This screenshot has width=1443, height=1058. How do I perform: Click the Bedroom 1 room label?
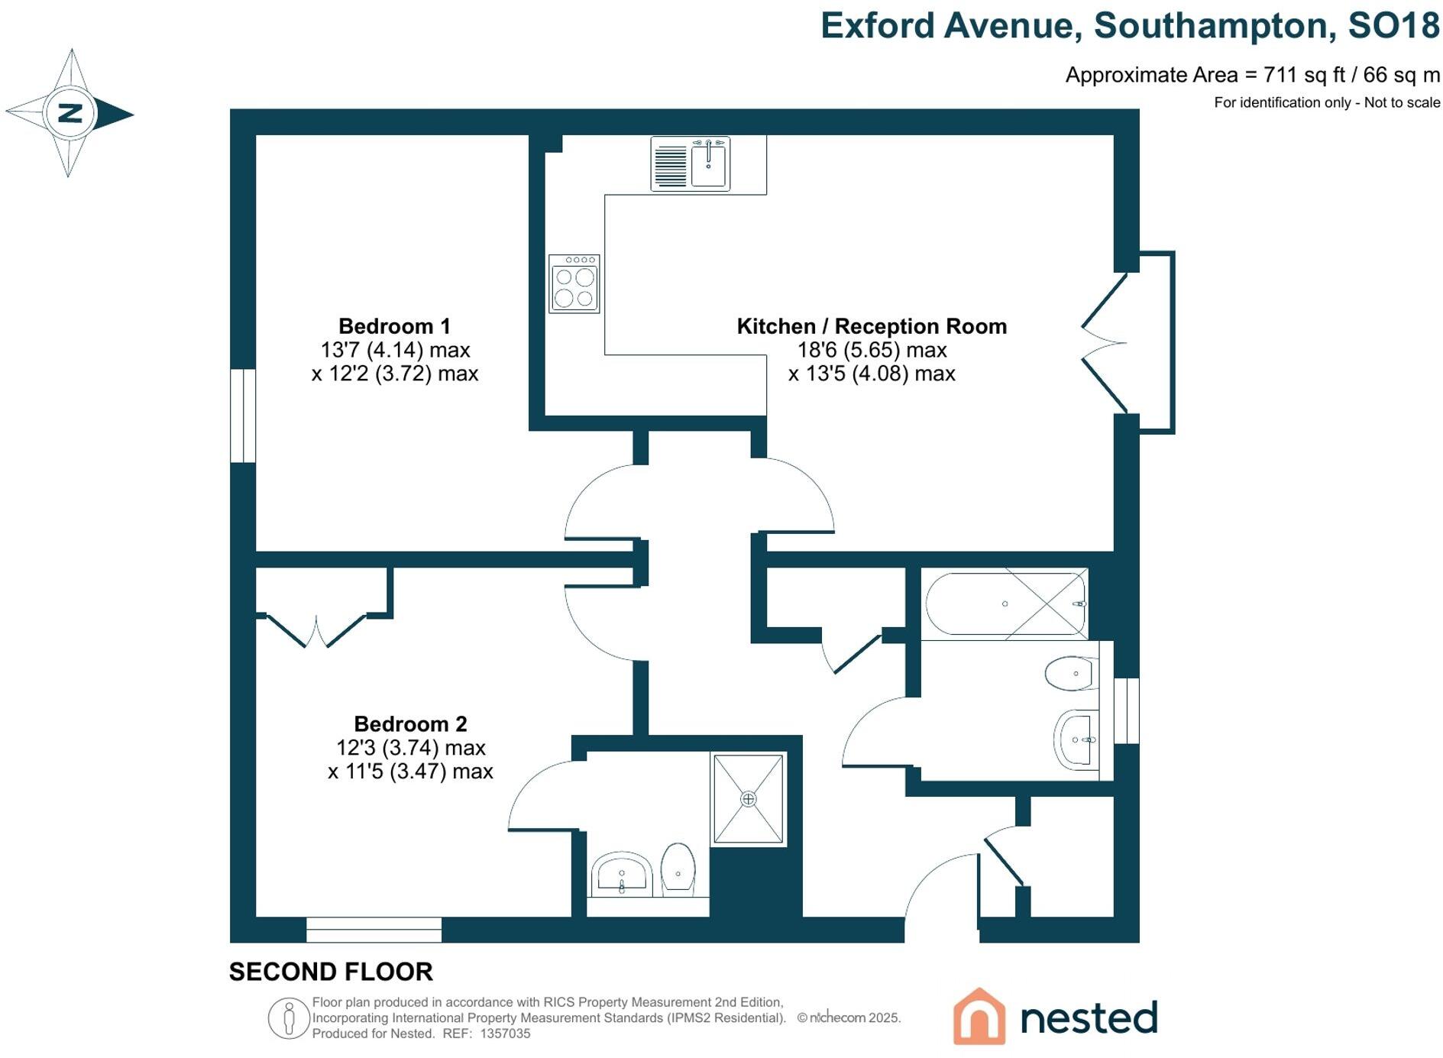point(394,326)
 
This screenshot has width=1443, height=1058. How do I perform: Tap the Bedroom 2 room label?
point(410,723)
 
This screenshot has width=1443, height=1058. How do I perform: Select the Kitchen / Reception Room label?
point(871,326)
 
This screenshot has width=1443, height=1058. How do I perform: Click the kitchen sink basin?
point(710,163)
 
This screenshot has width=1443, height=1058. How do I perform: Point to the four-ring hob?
point(574,284)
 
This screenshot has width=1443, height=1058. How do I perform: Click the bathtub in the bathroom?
point(1005,603)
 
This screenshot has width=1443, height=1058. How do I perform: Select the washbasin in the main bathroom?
point(1077,739)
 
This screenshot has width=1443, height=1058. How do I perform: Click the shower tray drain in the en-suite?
point(748,799)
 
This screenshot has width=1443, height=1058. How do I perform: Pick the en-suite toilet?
point(678,868)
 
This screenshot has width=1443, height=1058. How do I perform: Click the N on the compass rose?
point(70,113)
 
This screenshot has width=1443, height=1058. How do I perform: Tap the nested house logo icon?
point(979,1017)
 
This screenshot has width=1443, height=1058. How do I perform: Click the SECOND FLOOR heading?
point(331,972)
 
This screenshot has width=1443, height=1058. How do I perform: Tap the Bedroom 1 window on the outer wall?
point(243,416)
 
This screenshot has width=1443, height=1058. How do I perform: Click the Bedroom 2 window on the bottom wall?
point(374,930)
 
